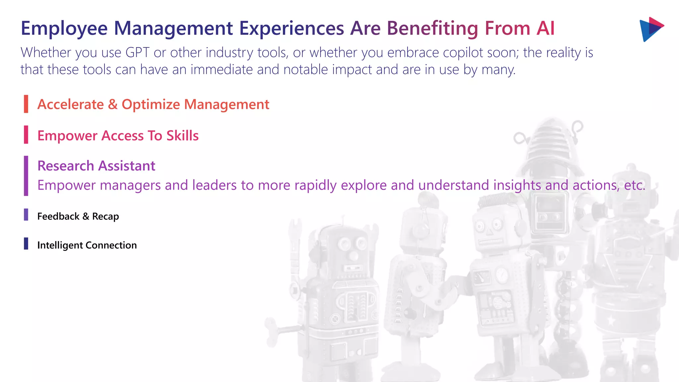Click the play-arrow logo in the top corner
[651, 29]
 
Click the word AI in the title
[545, 28]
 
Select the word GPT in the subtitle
[138, 53]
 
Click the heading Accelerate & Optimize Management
[153, 104]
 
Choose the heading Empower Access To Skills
[118, 136]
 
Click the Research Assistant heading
[96, 166]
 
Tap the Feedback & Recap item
[78, 216]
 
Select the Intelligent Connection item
[87, 245]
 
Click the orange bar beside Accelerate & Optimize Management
[26, 104]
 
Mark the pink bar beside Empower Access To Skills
[26, 135]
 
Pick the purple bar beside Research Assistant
[26, 176]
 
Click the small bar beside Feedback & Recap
[26, 215]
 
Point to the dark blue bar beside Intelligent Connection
[26, 243]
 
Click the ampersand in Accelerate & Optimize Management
[113, 104]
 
